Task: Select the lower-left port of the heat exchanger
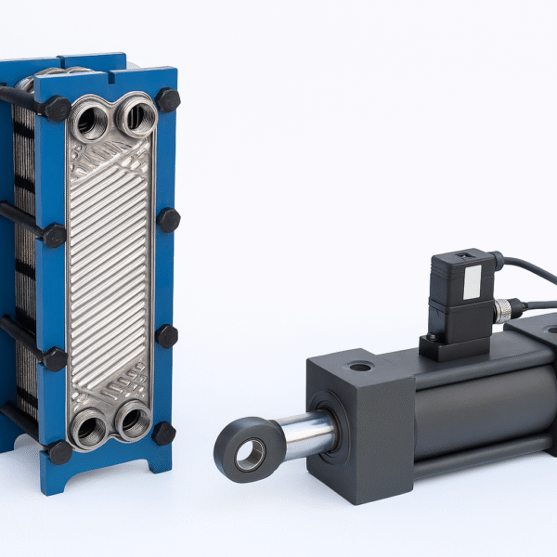89,429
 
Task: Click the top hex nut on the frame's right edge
168,100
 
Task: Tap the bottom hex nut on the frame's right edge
164,433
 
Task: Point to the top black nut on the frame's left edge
57,109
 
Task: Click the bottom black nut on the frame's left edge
59,452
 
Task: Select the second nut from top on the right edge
169,220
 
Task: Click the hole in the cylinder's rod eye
250,454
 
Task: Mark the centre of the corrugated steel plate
110,269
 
